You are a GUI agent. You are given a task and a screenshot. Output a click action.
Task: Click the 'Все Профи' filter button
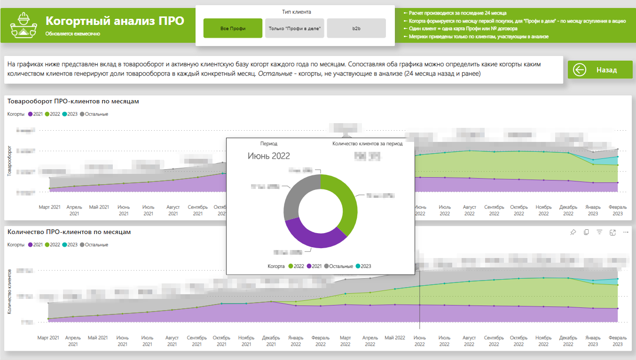(x=233, y=29)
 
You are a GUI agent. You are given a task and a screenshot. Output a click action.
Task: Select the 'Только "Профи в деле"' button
(x=294, y=29)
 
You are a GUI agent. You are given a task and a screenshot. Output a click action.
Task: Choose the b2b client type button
(x=356, y=29)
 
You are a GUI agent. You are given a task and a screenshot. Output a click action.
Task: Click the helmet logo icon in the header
(x=22, y=24)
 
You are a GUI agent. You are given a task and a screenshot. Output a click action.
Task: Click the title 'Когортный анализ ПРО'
(x=115, y=21)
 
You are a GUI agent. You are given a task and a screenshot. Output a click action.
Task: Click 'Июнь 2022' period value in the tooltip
(x=269, y=156)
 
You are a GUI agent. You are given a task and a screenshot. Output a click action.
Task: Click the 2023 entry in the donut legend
(x=362, y=266)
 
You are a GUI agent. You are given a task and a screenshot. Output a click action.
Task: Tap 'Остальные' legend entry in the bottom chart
(x=94, y=245)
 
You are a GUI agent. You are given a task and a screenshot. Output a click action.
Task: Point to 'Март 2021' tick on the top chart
(x=49, y=207)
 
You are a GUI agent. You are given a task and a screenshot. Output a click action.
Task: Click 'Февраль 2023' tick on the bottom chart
(x=618, y=341)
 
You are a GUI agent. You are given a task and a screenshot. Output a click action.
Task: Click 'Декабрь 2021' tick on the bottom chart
(x=271, y=341)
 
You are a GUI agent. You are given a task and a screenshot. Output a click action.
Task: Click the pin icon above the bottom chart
(x=573, y=232)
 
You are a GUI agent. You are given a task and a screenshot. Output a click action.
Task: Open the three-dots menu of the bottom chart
(x=626, y=232)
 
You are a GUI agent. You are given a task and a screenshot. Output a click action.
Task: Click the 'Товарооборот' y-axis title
(x=9, y=161)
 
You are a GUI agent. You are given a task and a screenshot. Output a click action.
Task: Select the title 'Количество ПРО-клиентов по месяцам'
(x=69, y=232)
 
